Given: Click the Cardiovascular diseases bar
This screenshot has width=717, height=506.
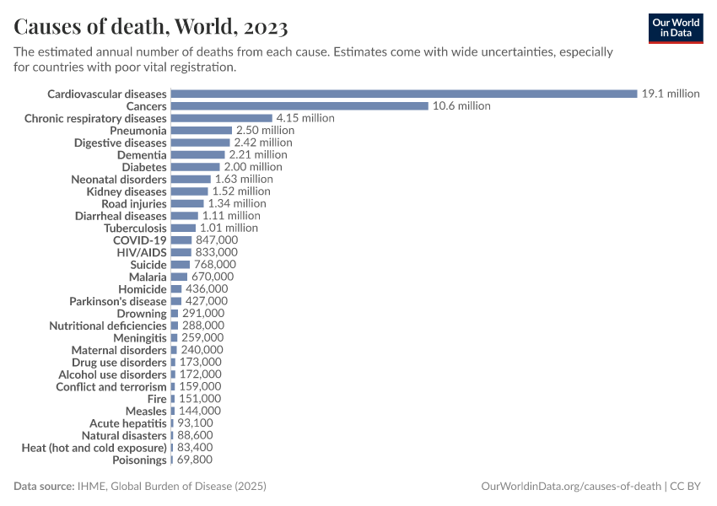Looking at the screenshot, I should pyautogui.click(x=403, y=94).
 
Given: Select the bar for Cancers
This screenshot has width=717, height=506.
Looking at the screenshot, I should pyautogui.click(x=299, y=106).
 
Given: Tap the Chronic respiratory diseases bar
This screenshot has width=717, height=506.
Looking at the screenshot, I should pyautogui.click(x=221, y=118).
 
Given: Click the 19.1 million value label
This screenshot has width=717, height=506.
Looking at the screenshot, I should pyautogui.click(x=671, y=94).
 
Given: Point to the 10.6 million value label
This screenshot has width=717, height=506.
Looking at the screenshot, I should pyautogui.click(x=461, y=106).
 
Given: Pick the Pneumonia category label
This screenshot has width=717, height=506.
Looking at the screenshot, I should pyautogui.click(x=138, y=131).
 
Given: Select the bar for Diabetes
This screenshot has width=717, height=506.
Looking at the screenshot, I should pyautogui.click(x=195, y=167).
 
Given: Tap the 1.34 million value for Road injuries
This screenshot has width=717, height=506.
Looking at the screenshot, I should pyautogui.click(x=237, y=203).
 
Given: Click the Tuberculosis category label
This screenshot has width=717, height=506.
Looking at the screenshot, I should pyautogui.click(x=135, y=228).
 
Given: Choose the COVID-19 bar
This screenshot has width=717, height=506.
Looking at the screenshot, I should pyautogui.click(x=181, y=240).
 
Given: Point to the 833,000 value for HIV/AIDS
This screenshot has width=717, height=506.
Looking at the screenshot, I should pyautogui.click(x=216, y=252).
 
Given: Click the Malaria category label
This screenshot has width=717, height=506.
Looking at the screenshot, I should pyautogui.click(x=148, y=277).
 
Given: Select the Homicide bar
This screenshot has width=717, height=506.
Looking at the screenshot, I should pyautogui.click(x=175, y=289).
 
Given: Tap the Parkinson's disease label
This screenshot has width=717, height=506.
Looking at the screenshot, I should pyautogui.click(x=118, y=301).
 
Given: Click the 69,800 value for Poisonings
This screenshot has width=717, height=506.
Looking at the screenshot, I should pyautogui.click(x=194, y=460).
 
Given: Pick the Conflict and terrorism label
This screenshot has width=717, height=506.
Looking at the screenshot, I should pyautogui.click(x=111, y=387).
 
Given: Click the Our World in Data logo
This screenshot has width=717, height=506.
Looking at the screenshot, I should pyautogui.click(x=676, y=27).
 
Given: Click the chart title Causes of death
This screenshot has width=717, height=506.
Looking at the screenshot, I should pyautogui.click(x=151, y=27).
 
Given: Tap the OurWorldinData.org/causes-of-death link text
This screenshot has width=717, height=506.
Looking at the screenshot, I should pyautogui.click(x=571, y=487).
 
